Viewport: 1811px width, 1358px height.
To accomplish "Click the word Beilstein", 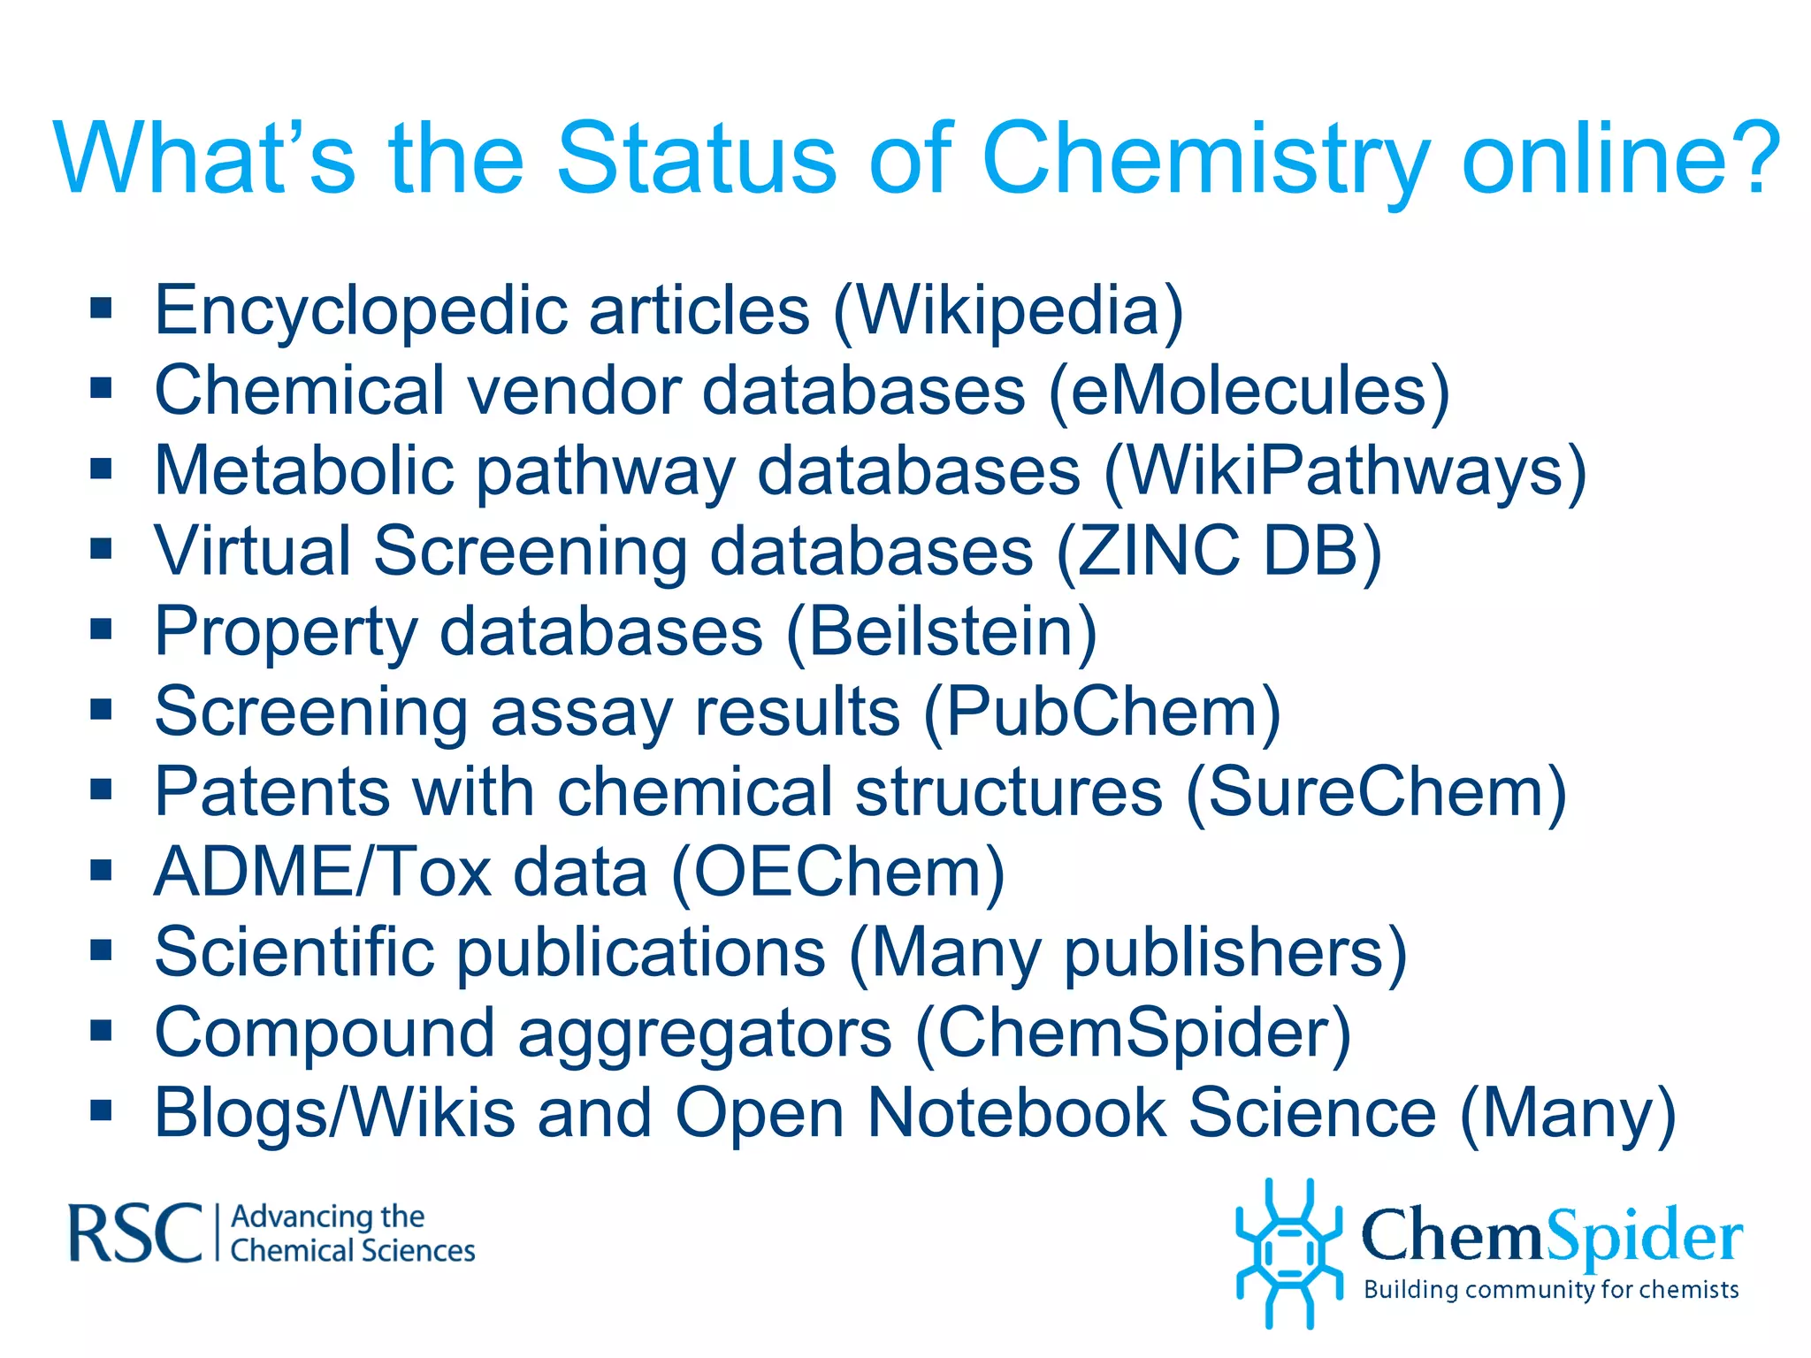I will pyautogui.click(x=941, y=631).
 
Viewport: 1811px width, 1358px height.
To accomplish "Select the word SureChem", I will pyautogui.click(x=1375, y=791).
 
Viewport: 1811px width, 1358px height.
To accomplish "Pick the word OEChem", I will pyautogui.click(x=837, y=872).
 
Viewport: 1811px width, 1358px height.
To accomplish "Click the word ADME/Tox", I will pyautogui.click(x=323, y=872).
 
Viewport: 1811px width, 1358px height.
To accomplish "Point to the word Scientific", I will pyautogui.click(x=294, y=952).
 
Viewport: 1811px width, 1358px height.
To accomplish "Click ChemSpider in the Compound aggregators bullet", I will pyautogui.click(x=1133, y=1033).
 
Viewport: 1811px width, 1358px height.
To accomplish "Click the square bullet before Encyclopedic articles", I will pyautogui.click(x=101, y=309).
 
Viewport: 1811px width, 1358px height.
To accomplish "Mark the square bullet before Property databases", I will pyautogui.click(x=101, y=629).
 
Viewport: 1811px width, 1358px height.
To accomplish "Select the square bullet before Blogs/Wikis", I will pyautogui.click(x=101, y=1111).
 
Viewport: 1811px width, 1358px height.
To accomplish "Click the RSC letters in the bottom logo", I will pyautogui.click(x=135, y=1232).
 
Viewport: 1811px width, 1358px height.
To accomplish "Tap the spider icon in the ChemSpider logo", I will pyautogui.click(x=1288, y=1252).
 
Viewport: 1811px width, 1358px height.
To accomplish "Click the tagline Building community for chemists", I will pyautogui.click(x=1551, y=1290).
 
